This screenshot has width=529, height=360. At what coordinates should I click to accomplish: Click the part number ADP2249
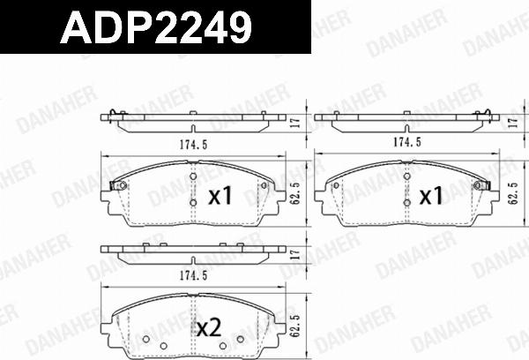tap(155, 30)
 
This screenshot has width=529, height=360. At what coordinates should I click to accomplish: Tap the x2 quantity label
tap(209, 329)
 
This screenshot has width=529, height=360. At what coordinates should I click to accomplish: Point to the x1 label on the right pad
tap(429, 196)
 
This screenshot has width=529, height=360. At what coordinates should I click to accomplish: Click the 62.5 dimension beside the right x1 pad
tap(512, 192)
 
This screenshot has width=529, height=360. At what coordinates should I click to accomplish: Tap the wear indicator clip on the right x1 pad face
tap(482, 185)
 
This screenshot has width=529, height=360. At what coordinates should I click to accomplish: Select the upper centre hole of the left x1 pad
tap(193, 179)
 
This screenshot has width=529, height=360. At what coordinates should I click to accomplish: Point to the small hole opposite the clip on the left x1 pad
tap(264, 185)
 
